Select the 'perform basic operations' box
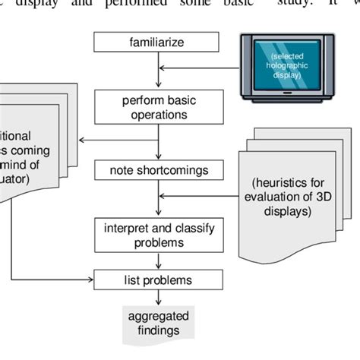tap(157, 106)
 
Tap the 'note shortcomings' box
tap(156, 170)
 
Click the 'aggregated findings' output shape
tap(157, 323)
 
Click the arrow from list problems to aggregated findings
tap(157, 296)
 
